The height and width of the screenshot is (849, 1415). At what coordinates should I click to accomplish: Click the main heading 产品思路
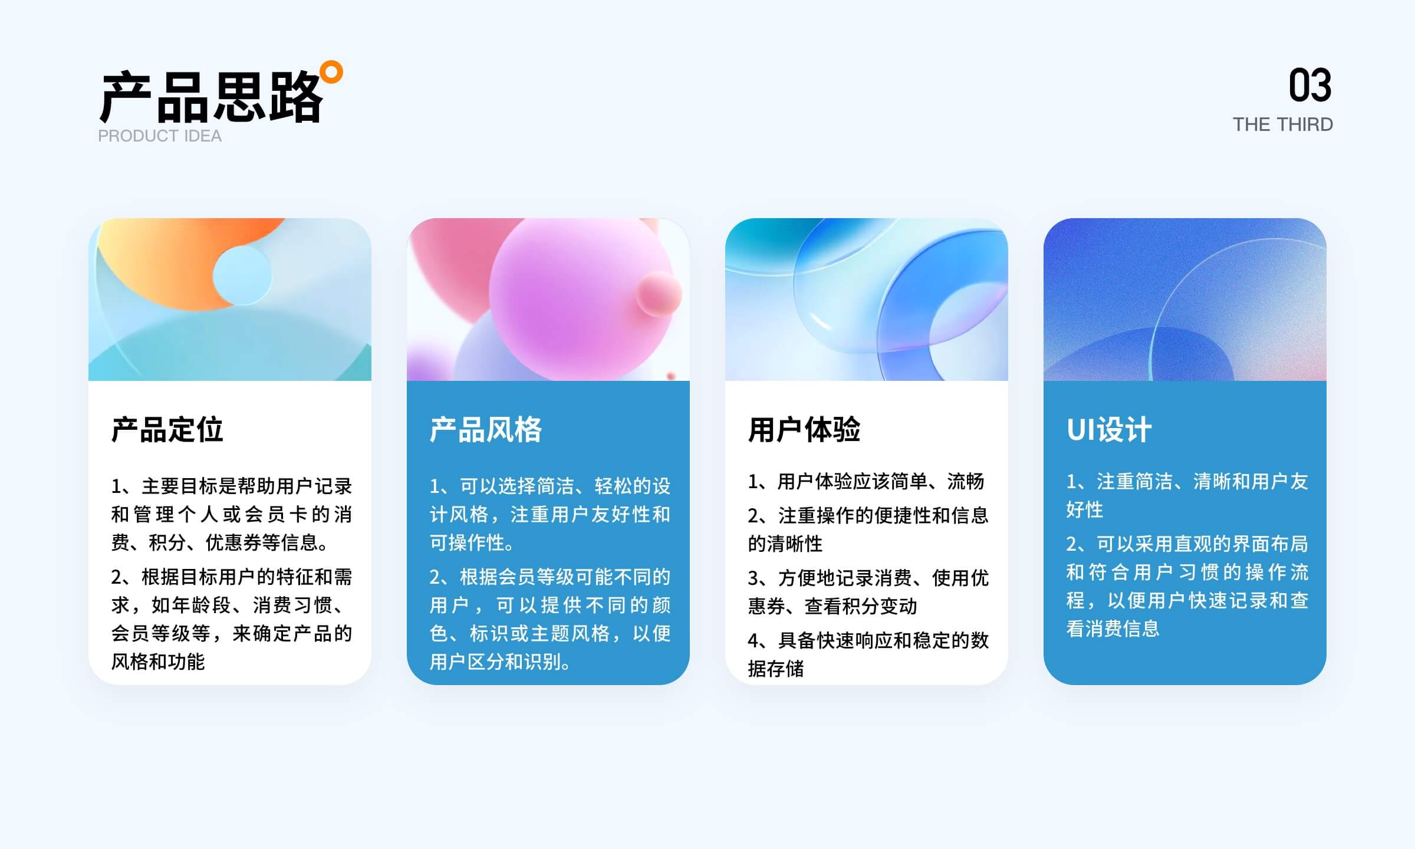pyautogui.click(x=211, y=97)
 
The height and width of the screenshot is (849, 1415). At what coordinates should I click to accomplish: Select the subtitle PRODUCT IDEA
pyautogui.click(x=160, y=136)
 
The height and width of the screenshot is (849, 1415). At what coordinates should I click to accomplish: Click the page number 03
pyautogui.click(x=1310, y=85)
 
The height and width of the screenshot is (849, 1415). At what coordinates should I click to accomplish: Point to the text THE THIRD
pyautogui.click(x=1283, y=124)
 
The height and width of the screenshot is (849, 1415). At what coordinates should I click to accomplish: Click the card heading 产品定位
pyautogui.click(x=167, y=429)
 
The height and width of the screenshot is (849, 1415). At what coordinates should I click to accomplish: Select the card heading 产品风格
pyautogui.click(x=486, y=429)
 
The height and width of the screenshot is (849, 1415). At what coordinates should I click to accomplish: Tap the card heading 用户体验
pyautogui.click(x=804, y=429)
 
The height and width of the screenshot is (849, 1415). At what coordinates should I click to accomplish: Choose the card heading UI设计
pyautogui.click(x=1109, y=429)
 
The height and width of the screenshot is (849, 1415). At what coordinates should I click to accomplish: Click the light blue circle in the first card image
pyautogui.click(x=242, y=275)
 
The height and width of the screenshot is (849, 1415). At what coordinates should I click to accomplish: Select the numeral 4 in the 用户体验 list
pyautogui.click(x=753, y=640)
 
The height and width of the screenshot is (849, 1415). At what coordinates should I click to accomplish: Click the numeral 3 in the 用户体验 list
pyautogui.click(x=753, y=578)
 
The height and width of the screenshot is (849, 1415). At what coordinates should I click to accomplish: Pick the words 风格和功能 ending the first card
pyautogui.click(x=158, y=662)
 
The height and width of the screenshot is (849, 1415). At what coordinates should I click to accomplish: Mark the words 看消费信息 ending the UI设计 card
pyautogui.click(x=1113, y=628)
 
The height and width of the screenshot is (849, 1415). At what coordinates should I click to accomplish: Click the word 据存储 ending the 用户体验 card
pyautogui.click(x=776, y=669)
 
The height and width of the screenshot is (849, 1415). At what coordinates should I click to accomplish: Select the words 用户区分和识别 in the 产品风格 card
pyautogui.click(x=496, y=662)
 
